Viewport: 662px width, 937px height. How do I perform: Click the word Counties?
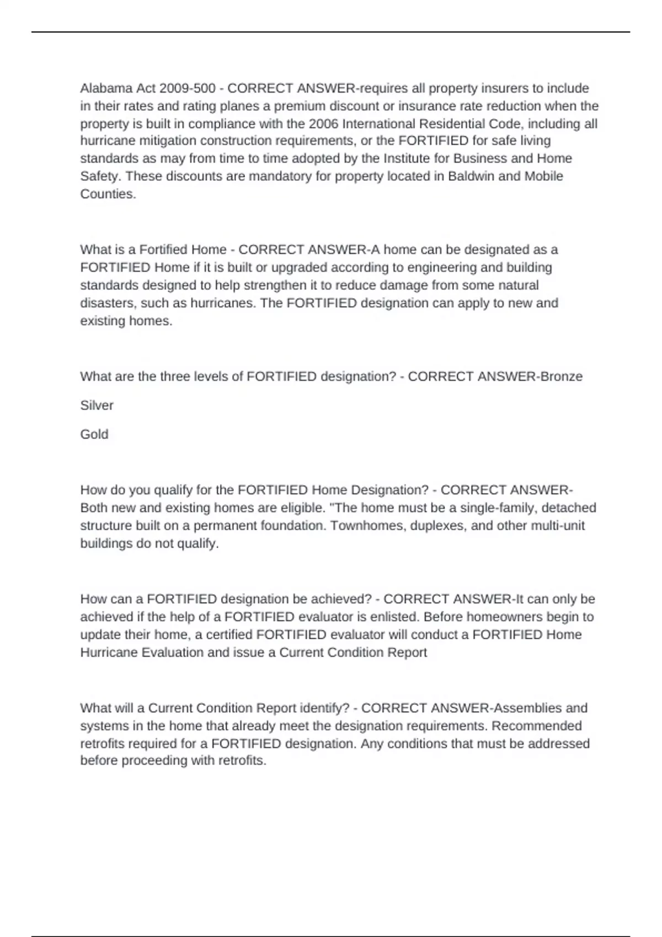click(x=108, y=194)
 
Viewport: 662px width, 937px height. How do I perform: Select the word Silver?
click(x=97, y=406)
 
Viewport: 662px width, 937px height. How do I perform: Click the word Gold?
click(x=94, y=434)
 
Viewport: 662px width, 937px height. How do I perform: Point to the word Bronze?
click(x=561, y=376)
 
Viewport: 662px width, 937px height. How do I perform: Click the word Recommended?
click(x=536, y=726)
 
